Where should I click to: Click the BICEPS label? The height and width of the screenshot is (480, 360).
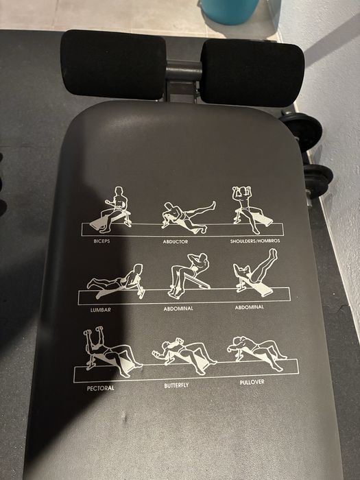click(101, 241)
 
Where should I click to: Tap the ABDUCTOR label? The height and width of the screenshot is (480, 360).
click(176, 242)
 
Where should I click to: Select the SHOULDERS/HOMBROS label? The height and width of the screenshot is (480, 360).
click(255, 241)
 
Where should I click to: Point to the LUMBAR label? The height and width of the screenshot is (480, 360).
click(100, 310)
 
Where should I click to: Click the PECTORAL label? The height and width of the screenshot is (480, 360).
click(100, 388)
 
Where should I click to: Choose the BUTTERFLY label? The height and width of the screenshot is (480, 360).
click(176, 385)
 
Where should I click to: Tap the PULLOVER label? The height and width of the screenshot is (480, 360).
click(252, 382)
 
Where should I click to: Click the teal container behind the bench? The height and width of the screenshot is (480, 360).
click(230, 11)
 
